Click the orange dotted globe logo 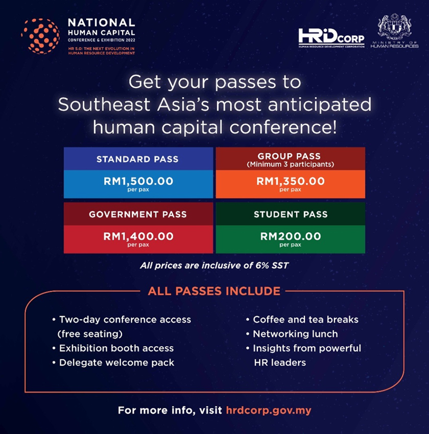pos(40,36)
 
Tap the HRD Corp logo pos(331,38)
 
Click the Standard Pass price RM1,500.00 pos(138,181)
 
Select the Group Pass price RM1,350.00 pos(290,181)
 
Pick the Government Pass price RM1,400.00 pos(138,236)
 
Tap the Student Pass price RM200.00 pos(291,236)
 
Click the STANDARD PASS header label pos(137,159)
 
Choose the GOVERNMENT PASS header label pos(138,214)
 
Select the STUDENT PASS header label pos(291,214)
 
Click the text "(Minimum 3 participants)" pos(290,164)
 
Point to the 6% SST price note pos(214,266)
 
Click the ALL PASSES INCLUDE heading pos(214,291)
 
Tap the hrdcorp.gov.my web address pos(269,410)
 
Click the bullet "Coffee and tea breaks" pos(302,320)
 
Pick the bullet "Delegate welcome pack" pos(113,363)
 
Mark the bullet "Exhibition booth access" pos(113,348)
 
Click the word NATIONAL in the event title pos(102,22)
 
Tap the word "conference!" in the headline pos(283,127)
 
